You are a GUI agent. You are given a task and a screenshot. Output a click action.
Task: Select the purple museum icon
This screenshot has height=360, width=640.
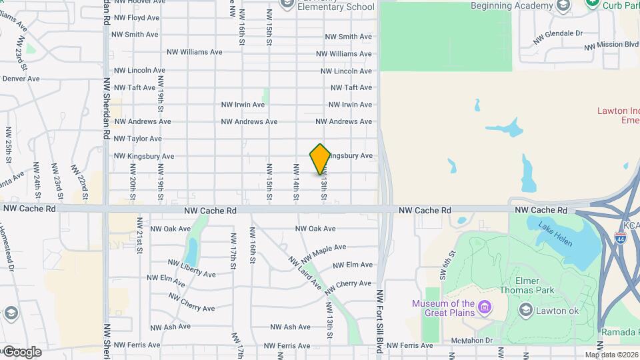[485, 308]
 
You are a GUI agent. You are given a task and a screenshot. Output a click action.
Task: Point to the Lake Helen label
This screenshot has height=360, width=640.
[555, 234]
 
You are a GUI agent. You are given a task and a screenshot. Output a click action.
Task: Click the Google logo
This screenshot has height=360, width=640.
[22, 351]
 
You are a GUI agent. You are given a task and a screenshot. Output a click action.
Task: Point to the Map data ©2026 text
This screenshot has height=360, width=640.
[612, 355]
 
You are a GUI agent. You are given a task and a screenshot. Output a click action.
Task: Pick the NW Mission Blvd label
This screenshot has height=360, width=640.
[611, 45]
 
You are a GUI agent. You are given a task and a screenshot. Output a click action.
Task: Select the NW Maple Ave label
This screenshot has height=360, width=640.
[323, 253]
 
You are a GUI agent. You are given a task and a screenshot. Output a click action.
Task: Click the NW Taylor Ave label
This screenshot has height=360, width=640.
[138, 139]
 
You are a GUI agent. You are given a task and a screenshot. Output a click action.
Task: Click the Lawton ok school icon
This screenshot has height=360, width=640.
[525, 310]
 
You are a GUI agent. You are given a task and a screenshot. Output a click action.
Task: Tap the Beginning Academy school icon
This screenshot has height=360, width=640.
[563, 7]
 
